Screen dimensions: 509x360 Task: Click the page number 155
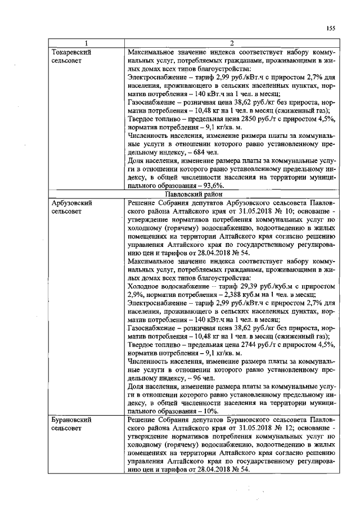[x=330, y=29]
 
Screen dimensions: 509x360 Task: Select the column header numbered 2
[x=232, y=44]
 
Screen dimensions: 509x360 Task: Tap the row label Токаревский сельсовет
[x=71, y=56]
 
